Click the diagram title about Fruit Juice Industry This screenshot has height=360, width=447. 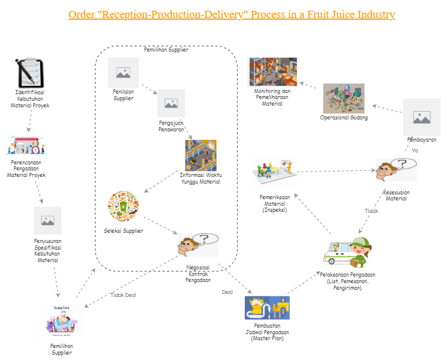point(232,14)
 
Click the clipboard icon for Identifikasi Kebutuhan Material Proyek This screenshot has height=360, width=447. point(29,73)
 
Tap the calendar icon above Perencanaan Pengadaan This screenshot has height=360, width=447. point(25,145)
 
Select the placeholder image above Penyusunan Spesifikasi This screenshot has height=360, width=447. point(47,221)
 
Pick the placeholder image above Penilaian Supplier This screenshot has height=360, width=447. point(124,73)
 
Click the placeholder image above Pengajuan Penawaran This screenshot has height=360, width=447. point(170,103)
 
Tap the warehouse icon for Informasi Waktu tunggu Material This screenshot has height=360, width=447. point(201,155)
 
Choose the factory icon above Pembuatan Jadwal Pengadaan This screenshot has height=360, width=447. point(267,308)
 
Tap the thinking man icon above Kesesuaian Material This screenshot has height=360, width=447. point(395,170)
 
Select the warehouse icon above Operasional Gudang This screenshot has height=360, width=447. point(344,98)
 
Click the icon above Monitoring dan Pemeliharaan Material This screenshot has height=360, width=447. point(272,72)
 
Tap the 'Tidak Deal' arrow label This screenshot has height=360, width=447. point(123,295)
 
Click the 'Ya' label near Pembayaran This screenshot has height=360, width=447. point(415,150)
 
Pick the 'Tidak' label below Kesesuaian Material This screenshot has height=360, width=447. point(371,211)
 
